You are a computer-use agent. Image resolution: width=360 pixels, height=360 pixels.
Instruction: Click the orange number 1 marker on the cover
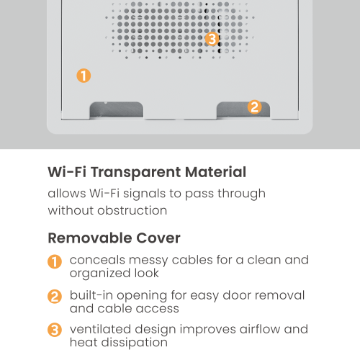point(84,76)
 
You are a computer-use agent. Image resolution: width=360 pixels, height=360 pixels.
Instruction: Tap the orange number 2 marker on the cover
point(254,107)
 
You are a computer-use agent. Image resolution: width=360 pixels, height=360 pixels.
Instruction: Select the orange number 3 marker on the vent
point(212,39)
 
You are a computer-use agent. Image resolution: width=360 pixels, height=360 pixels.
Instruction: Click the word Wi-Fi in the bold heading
point(66,173)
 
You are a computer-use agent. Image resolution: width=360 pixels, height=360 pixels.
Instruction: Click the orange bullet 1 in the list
point(55,261)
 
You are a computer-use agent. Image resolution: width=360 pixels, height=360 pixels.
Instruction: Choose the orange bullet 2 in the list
point(55,296)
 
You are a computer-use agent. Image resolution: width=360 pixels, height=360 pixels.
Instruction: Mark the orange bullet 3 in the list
point(55,330)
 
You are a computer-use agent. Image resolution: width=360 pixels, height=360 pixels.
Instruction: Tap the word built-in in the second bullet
point(92,295)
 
